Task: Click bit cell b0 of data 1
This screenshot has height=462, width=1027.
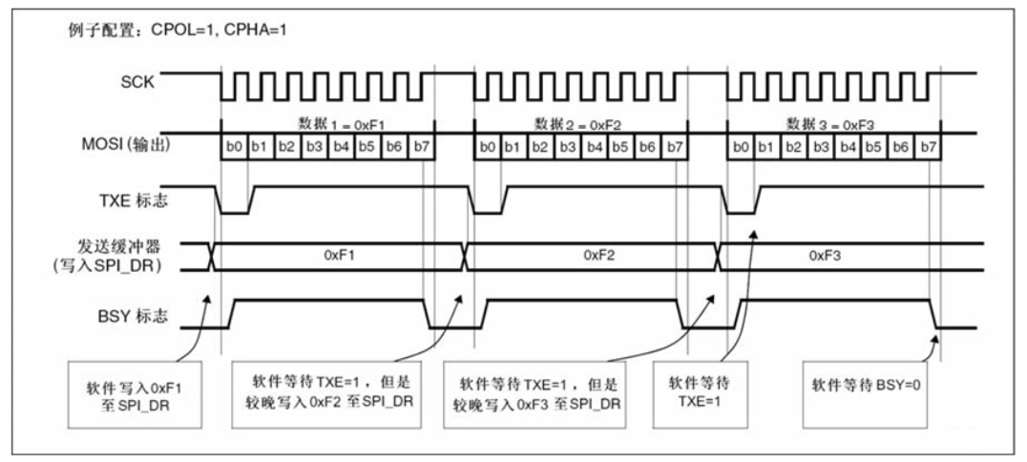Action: (234, 148)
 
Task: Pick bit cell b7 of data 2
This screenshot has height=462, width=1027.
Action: (674, 148)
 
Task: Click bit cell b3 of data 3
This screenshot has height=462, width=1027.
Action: (820, 148)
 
